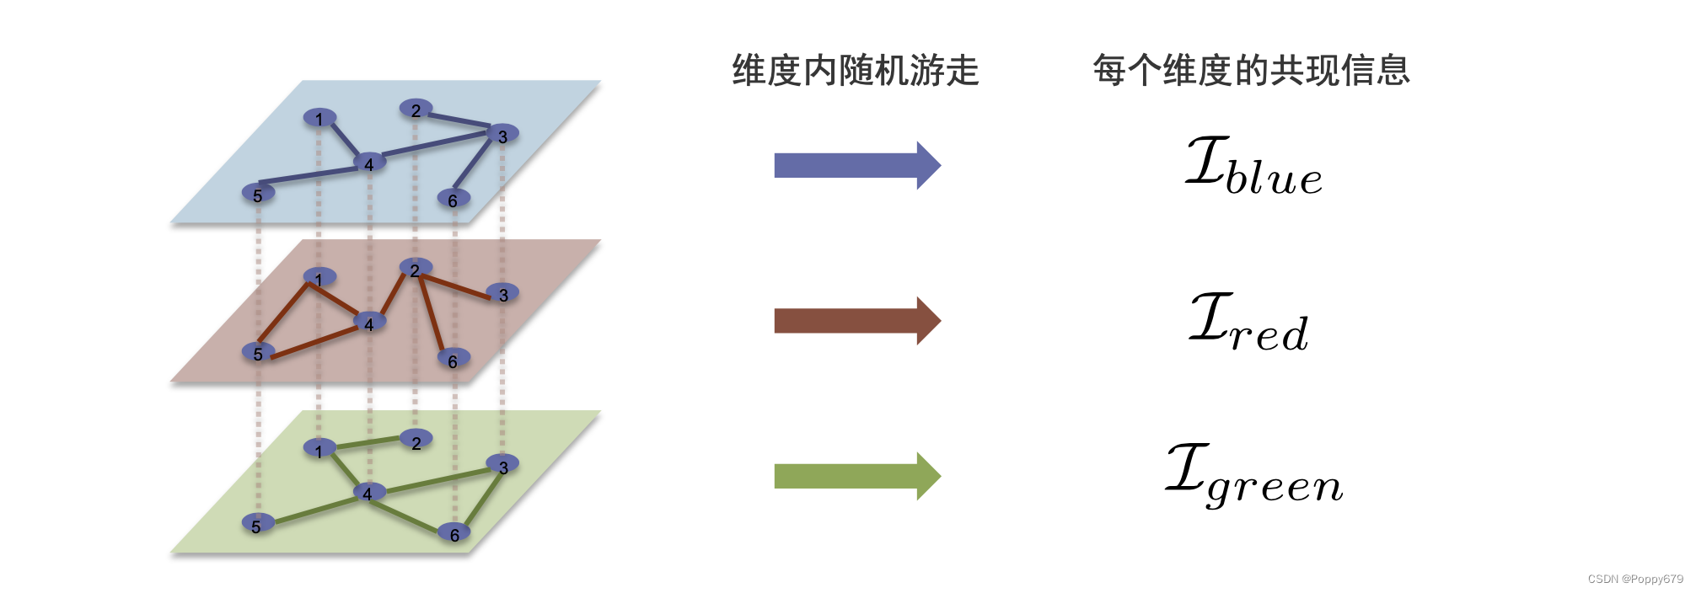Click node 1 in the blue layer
click(x=319, y=118)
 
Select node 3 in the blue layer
click(x=502, y=134)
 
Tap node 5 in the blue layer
click(x=258, y=194)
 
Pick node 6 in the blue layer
click(x=454, y=199)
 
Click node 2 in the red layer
click(x=416, y=269)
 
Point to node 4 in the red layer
click(x=369, y=323)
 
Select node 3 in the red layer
click(x=503, y=293)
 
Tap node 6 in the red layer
click(x=454, y=359)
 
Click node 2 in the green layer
click(x=416, y=441)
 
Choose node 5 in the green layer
click(x=257, y=524)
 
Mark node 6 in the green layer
click(x=454, y=532)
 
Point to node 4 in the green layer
click(x=368, y=492)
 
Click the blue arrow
click(x=856, y=165)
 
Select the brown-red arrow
click(x=856, y=321)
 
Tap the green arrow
click(x=856, y=477)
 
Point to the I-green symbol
click(x=1253, y=477)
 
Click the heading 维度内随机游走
click(x=855, y=70)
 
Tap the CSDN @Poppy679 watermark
click(x=1634, y=580)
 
